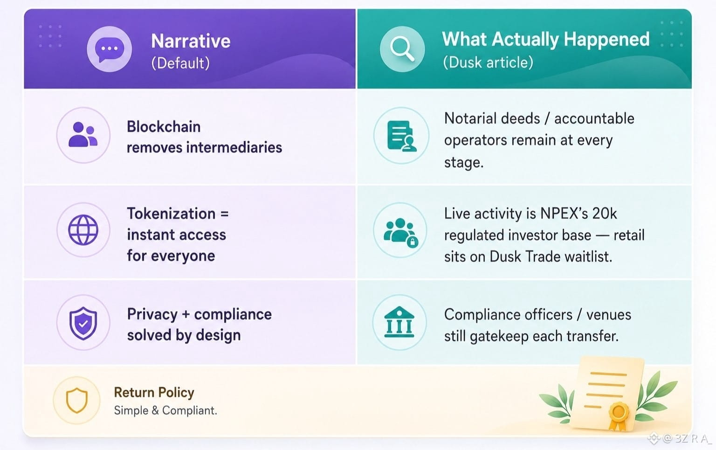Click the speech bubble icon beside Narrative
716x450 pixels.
[x=110, y=49]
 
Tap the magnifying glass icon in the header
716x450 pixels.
[x=402, y=48]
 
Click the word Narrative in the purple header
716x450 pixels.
[x=191, y=41]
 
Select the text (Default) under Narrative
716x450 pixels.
[x=180, y=63]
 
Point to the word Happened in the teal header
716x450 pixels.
[x=606, y=39]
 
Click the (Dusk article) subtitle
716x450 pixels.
[x=488, y=62]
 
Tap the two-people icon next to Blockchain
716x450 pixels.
[x=83, y=135]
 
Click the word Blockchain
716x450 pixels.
[x=164, y=127]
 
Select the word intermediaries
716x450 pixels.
[x=234, y=147]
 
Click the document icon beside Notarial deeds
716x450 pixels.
[x=402, y=136]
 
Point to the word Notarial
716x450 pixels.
[x=469, y=118]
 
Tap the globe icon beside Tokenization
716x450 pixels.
[x=83, y=230]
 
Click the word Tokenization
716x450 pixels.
[x=172, y=213]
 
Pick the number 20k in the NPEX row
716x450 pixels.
[x=604, y=213]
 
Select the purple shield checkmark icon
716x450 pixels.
[x=83, y=323]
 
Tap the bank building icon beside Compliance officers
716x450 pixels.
[x=399, y=322]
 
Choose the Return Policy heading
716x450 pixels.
[x=154, y=393]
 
